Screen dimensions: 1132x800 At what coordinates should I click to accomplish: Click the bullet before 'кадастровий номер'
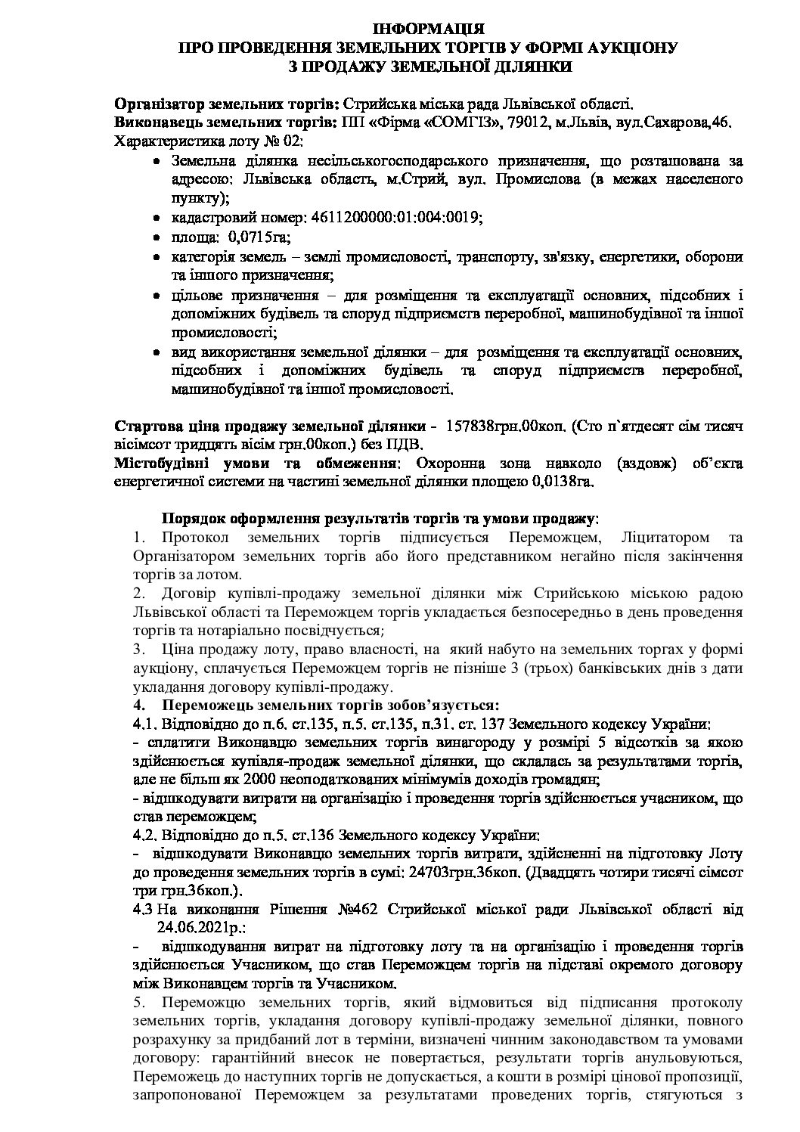(157, 218)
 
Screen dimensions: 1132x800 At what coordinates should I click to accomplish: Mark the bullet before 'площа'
(157, 238)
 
